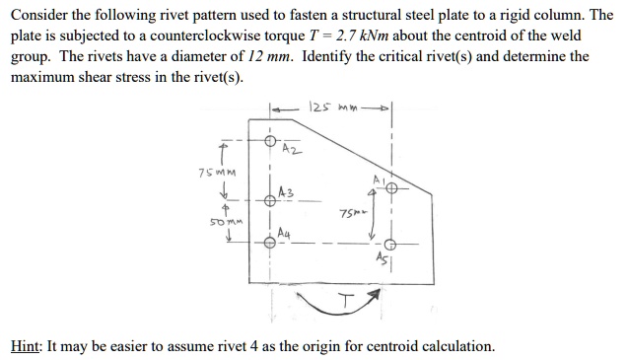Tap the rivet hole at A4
pyautogui.click(x=269, y=237)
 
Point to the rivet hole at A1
pyautogui.click(x=391, y=188)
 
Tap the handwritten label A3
pyautogui.click(x=286, y=192)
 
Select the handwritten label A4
pyautogui.click(x=285, y=234)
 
